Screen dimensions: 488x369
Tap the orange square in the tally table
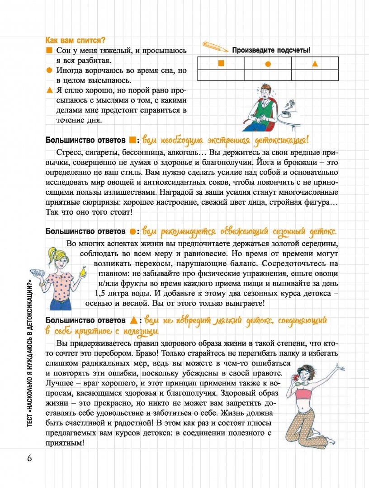tap(221, 63)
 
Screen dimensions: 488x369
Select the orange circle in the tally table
tap(268, 64)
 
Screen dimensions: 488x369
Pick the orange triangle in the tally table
tap(315, 64)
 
